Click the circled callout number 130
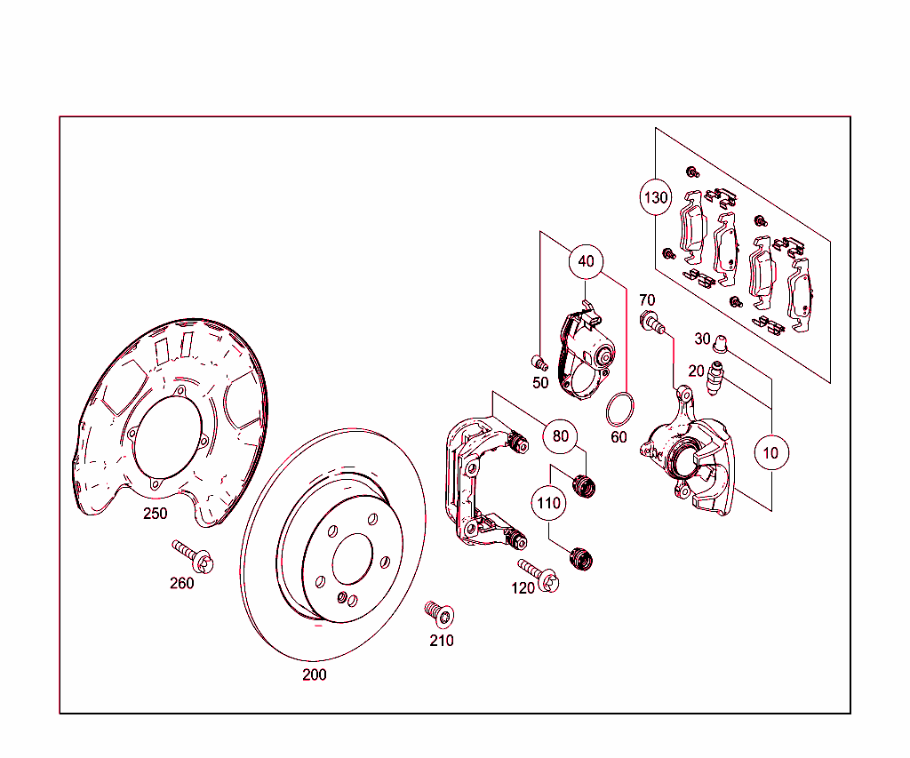656,197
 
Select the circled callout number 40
586,261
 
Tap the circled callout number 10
770,452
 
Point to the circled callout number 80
560,436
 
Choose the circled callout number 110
549,503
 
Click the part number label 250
155,514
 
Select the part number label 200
314,674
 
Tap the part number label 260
181,583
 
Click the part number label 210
442,640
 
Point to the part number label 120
523,588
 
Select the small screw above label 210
437,612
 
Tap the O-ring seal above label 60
619,410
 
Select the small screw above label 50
539,362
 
